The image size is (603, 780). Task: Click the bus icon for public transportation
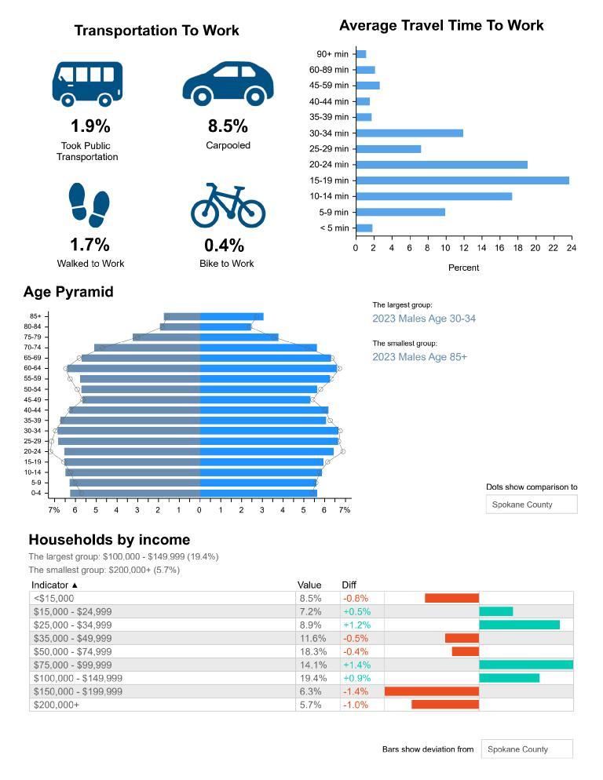pos(87,82)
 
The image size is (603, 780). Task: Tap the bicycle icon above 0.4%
pos(228,206)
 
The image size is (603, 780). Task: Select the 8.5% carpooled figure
pos(228,126)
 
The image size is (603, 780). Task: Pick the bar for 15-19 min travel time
pos(462,180)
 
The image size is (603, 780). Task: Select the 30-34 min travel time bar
pos(409,133)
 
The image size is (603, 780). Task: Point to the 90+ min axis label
pos(332,54)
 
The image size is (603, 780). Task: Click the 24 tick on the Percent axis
pos(571,248)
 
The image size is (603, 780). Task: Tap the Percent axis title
pos(463,268)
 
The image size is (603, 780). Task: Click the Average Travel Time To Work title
pos(441,26)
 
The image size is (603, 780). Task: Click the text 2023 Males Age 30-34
pos(424,319)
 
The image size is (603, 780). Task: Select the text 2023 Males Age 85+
pos(419,357)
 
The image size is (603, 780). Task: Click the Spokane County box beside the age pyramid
pos(532,505)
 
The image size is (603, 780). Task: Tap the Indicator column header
pos(55,585)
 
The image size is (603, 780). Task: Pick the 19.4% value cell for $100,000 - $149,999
pos(310,678)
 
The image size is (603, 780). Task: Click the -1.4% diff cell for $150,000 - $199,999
pos(356,691)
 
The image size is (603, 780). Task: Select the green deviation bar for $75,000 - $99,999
pos(526,665)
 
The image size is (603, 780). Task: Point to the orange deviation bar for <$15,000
pos(451,598)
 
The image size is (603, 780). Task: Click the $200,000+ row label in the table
pos(57,705)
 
